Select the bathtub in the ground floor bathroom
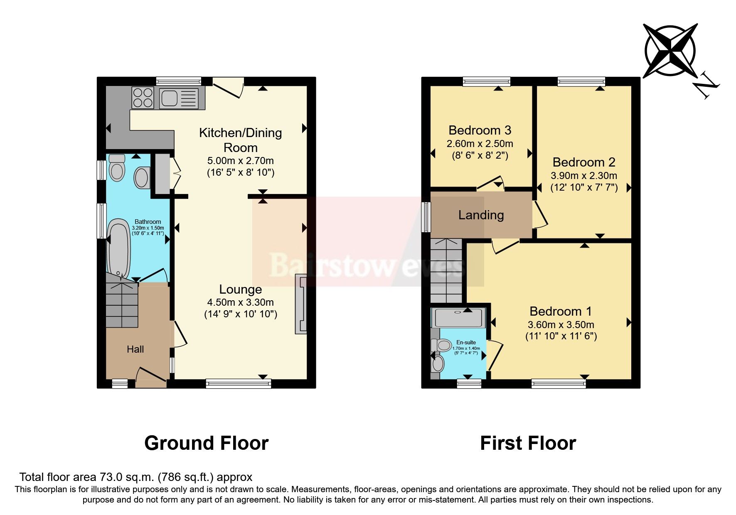119,248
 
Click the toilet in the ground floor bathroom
117,168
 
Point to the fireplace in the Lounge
301,304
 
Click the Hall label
135,349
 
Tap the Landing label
481,215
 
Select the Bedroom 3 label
480,130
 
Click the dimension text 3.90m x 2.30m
583,176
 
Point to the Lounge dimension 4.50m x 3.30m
240,302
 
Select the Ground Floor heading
206,443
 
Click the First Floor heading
528,443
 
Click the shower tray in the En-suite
458,318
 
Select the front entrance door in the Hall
151,375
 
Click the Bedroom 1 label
560,311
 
